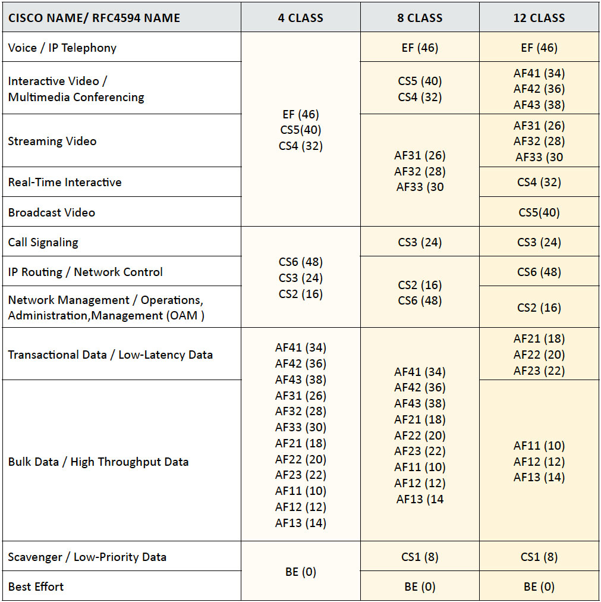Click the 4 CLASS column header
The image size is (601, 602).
(300, 18)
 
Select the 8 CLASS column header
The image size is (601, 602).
(420, 18)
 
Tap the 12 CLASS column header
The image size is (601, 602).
(539, 18)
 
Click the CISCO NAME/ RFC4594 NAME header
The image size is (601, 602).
(94, 18)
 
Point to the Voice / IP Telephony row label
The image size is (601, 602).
(62, 48)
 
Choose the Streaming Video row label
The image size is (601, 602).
(52, 141)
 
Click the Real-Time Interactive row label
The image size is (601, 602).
(65, 182)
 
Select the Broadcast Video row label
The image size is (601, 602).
(52, 212)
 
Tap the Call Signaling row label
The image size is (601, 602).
(43, 242)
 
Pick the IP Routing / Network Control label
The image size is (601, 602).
(86, 272)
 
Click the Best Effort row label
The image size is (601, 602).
(36, 587)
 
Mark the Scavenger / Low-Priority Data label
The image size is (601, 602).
(87, 557)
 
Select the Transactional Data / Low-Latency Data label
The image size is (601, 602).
(111, 355)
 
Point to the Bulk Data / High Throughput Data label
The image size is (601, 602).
(99, 462)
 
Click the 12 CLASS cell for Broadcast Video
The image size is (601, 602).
(539, 212)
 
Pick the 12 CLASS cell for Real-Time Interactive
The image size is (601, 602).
(539, 182)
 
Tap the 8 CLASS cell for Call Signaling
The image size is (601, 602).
(420, 242)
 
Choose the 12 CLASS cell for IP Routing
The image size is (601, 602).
(539, 272)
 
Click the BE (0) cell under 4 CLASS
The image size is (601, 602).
(300, 572)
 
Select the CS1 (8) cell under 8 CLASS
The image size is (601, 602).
(420, 557)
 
